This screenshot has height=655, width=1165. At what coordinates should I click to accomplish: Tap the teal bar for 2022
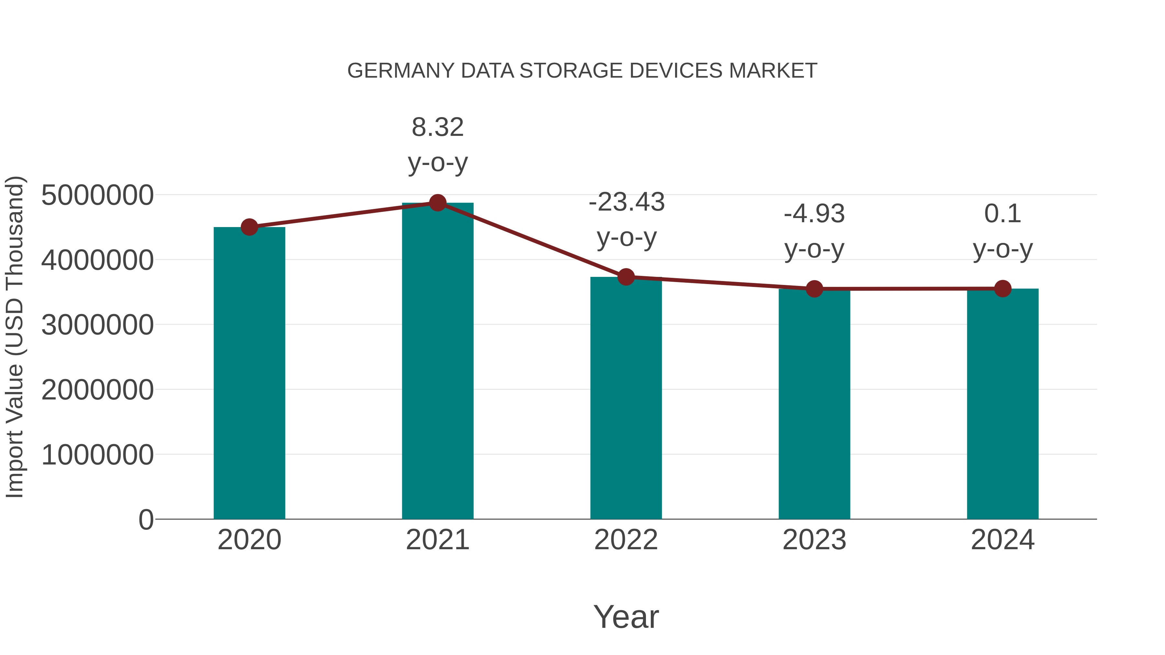pyautogui.click(x=626, y=398)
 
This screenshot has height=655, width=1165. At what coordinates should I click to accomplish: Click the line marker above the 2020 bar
pyautogui.click(x=249, y=227)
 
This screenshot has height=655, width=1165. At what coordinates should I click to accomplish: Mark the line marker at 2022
pyautogui.click(x=626, y=277)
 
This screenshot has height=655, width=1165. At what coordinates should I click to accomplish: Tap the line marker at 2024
pyautogui.click(x=1003, y=289)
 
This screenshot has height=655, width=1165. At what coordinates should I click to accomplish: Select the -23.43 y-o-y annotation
pyautogui.click(x=627, y=219)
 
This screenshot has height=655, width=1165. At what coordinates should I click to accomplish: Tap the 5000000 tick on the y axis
pyautogui.click(x=97, y=195)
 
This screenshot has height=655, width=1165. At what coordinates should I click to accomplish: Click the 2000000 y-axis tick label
pyautogui.click(x=97, y=390)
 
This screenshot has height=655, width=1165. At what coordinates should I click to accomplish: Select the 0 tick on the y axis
pyautogui.click(x=146, y=519)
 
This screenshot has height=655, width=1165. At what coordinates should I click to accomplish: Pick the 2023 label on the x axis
pyautogui.click(x=814, y=540)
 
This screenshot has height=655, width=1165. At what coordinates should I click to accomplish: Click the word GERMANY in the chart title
pyautogui.click(x=401, y=71)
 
